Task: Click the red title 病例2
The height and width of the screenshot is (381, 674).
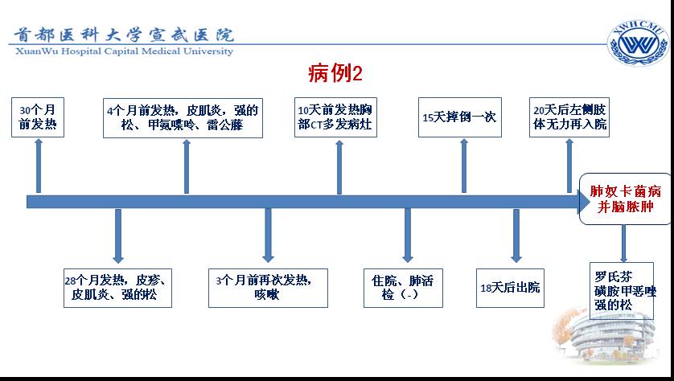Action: pos(335,73)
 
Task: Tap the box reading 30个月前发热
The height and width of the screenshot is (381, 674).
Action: pos(38,117)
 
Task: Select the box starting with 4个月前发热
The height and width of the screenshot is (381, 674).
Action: pos(183,117)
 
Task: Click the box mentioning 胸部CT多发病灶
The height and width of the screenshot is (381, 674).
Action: pos(335,117)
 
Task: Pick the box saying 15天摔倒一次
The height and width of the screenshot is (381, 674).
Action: pos(460,117)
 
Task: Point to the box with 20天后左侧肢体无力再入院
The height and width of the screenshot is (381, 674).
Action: pos(569,117)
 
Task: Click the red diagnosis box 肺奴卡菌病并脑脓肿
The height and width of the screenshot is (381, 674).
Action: pos(626,199)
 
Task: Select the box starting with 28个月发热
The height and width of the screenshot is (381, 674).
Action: pos(117,288)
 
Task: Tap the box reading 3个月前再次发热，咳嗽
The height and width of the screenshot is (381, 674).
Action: pos(268,288)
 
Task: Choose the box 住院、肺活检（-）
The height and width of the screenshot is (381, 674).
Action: pos(403,288)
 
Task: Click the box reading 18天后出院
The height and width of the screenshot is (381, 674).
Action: pos(510,288)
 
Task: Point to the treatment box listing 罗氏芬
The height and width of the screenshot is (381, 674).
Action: pos(622,291)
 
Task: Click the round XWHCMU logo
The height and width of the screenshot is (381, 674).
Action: pos(639,43)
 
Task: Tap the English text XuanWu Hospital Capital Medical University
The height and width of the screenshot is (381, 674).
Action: pos(124,51)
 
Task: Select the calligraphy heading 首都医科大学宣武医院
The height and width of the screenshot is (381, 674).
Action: pos(124,35)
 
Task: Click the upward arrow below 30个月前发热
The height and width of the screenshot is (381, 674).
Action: pos(39,166)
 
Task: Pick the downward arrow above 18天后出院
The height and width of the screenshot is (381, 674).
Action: pos(516,236)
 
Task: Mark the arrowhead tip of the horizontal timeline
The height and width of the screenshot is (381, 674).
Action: pos(590,202)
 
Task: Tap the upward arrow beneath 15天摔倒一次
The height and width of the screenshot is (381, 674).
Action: pos(464,166)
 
